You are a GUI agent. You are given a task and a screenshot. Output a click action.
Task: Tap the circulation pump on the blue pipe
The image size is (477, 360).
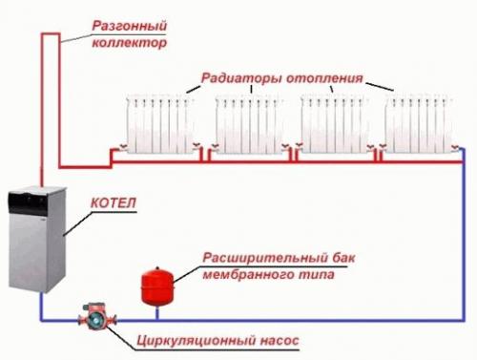coord(94,317)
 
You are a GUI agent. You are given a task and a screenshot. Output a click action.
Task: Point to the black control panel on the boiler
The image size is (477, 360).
coord(28,201)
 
